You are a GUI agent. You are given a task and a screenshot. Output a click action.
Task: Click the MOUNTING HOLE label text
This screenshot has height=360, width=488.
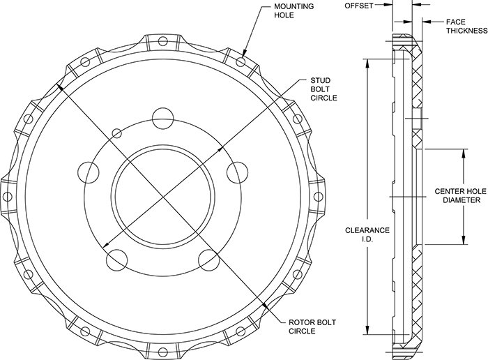(293, 11)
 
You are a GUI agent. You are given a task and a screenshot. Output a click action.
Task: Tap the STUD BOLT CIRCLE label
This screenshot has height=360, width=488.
(323, 89)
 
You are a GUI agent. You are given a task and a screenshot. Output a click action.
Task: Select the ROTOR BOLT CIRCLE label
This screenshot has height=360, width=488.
(312, 327)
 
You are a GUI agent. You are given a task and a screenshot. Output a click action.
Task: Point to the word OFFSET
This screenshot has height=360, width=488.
(358, 6)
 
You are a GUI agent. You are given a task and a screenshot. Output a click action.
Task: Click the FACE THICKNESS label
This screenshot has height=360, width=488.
(466, 26)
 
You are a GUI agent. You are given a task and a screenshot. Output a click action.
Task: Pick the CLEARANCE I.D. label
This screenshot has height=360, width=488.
(367, 234)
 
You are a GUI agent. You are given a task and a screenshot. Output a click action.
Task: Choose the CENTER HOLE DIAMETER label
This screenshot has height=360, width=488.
(461, 195)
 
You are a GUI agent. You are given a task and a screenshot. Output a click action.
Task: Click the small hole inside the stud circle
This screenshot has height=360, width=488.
(116, 133)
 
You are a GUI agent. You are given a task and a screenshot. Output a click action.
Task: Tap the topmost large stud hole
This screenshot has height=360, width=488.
(162, 119)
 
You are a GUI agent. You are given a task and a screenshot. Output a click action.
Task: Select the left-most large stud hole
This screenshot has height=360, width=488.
(88, 172)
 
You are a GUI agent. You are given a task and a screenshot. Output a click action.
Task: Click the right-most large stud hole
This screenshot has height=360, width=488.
(238, 172)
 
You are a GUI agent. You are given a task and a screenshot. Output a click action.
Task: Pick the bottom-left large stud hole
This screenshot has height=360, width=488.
(116, 260)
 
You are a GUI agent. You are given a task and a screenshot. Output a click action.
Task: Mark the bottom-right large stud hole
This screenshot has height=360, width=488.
(209, 260)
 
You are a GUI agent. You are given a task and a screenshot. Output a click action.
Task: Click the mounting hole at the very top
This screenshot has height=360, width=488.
(162, 40)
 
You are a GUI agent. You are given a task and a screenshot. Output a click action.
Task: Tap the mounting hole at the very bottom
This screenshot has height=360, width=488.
(162, 352)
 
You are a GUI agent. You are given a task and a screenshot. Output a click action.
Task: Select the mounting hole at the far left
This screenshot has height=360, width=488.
(7, 197)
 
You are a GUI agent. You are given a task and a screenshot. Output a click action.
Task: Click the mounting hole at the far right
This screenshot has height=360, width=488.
(319, 197)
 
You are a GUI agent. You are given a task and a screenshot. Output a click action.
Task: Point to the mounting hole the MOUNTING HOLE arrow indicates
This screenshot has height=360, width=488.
(241, 61)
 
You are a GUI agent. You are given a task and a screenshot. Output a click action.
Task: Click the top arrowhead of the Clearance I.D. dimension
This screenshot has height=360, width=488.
(367, 63)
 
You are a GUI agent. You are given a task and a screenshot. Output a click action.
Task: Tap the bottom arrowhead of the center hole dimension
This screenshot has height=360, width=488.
(464, 239)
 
